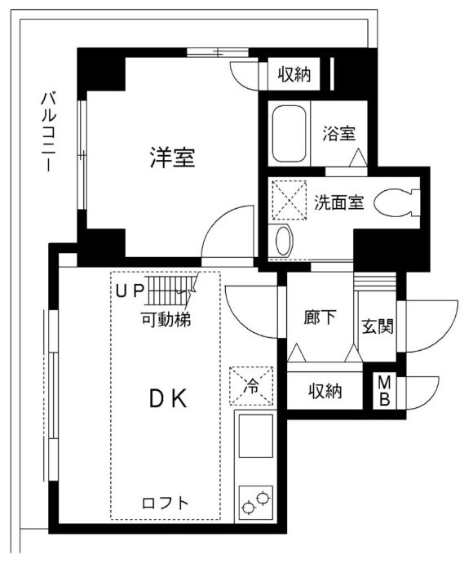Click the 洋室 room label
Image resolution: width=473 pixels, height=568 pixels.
[171, 156]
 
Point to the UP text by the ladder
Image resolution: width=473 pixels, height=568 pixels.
[130, 289]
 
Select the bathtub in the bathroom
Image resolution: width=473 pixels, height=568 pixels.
[289, 133]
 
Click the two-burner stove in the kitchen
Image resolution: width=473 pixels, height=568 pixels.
[256, 501]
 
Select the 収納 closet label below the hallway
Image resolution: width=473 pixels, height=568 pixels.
[325, 392]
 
